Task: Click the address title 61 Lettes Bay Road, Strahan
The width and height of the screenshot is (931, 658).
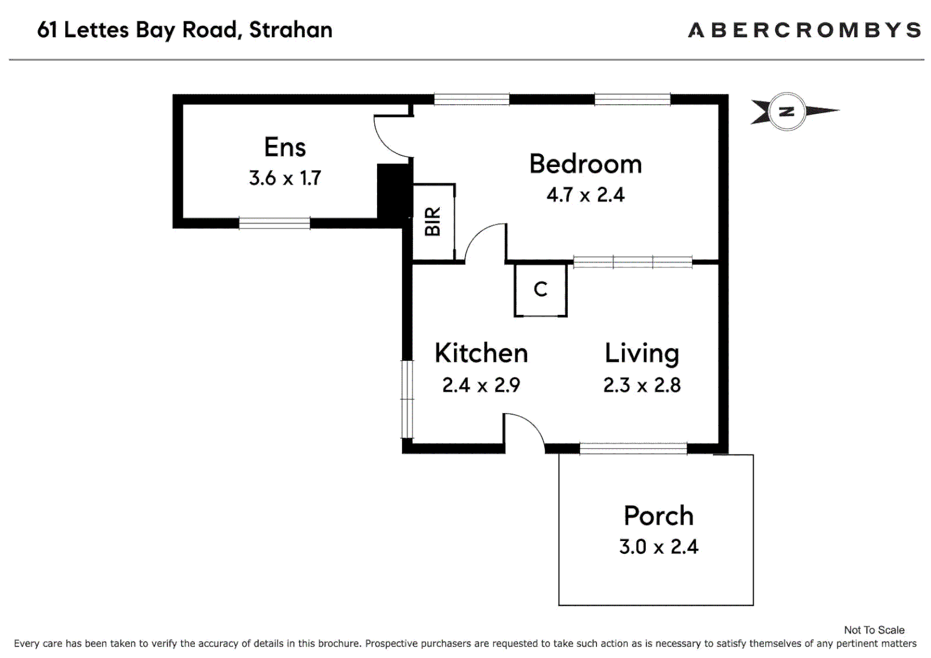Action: pos(185,30)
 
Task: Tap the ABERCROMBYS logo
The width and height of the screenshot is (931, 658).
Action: pos(804,30)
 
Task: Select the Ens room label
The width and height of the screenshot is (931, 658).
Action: pos(285,147)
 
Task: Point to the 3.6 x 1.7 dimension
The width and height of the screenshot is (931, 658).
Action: pos(285,178)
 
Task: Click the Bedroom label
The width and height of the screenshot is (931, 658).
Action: pos(585,164)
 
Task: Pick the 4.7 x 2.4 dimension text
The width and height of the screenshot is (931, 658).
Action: pos(585,195)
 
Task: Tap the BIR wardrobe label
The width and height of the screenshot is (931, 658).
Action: pos(433,222)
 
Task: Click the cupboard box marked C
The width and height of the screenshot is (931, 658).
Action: pos(540,289)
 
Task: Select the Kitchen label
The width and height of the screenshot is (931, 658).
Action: pos(481,353)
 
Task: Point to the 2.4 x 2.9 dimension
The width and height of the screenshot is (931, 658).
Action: pos(481,385)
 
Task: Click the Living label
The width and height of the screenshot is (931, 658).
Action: pos(642,353)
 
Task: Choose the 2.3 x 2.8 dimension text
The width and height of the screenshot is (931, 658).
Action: pos(642,385)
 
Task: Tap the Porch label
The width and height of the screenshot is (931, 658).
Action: pos(658,516)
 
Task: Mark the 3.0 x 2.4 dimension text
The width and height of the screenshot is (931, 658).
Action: pos(658,547)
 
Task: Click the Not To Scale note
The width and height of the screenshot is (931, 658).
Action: pos(874,630)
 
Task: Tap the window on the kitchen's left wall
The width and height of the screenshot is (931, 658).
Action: pos(407,399)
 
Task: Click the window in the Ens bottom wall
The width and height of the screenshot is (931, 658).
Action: pos(274,223)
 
